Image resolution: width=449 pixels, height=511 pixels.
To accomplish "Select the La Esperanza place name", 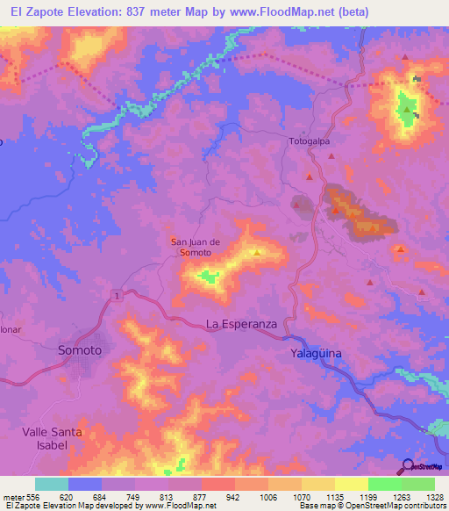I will point(241,324).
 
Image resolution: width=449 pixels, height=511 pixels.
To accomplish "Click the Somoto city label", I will point(79,349).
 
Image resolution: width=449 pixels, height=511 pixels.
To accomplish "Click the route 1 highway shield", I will point(116,298).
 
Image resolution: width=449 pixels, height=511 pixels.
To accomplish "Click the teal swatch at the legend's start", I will point(52,484).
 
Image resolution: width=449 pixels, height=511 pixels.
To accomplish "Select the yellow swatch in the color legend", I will point(352,484).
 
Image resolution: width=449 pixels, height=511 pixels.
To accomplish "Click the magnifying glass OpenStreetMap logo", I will point(406,465).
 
